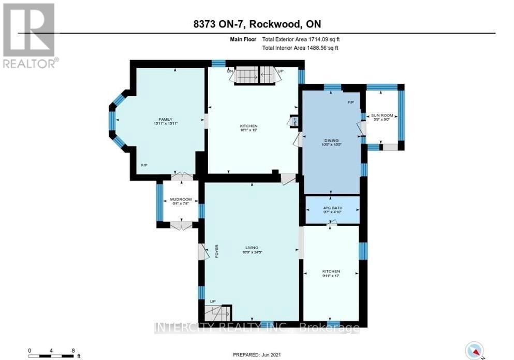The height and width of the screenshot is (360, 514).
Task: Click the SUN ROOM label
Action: pos(384,115)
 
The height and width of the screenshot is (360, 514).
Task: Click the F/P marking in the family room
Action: pos(144,165)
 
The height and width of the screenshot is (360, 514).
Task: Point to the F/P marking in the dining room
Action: pos(350,102)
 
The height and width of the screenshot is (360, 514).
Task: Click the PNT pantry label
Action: pos(295,121)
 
